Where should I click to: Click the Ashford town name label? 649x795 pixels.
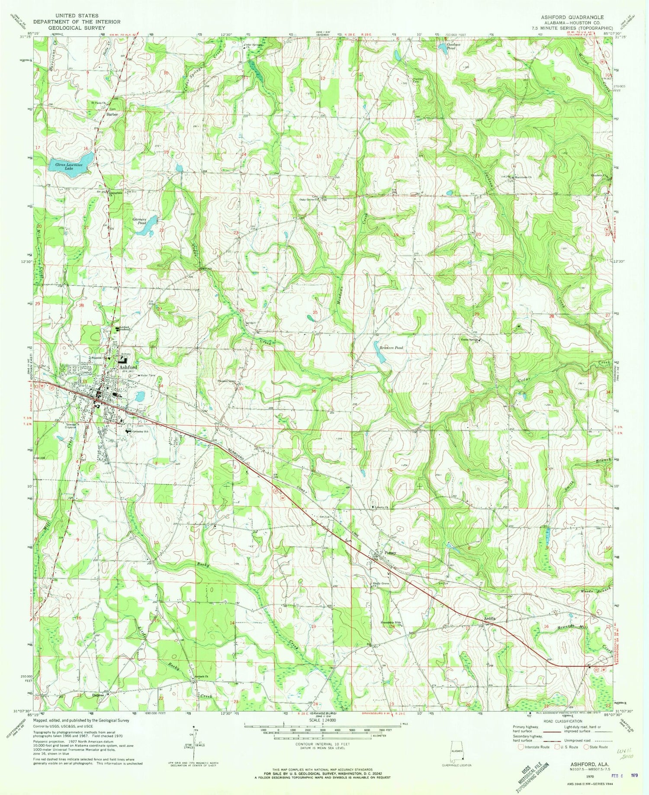point(128,367)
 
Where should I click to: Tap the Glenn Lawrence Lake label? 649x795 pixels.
point(69,165)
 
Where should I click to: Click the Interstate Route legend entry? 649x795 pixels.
point(535,747)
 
